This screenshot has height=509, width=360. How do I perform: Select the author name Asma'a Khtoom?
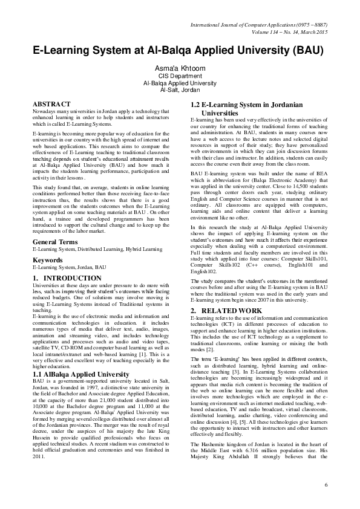(180, 68)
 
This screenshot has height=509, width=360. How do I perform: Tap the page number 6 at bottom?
(326, 485)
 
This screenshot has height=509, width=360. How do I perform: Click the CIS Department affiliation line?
(180, 77)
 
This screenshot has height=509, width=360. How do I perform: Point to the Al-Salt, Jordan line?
(180, 90)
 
